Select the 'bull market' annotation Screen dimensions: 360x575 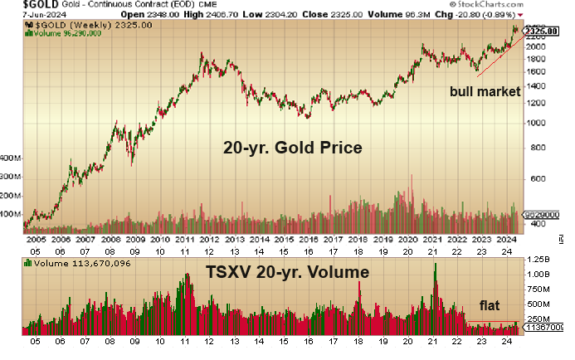tap(485, 91)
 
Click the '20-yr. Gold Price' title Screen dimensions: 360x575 tap(293, 148)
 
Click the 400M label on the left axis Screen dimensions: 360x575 tap(11, 157)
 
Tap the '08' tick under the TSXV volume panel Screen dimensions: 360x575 tap(110, 342)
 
